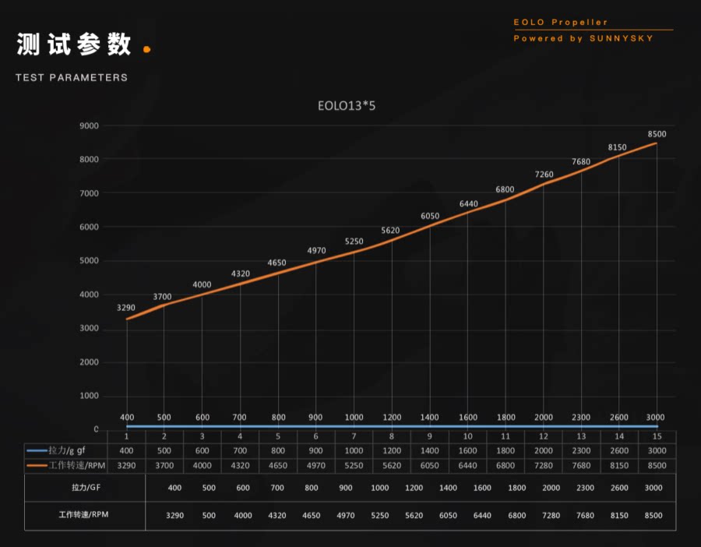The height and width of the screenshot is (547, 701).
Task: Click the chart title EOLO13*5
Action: (347, 105)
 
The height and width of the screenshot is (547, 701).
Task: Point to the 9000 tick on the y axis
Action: (89, 125)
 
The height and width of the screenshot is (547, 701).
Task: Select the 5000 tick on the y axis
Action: (89, 261)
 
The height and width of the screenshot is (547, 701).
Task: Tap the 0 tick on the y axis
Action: (96, 429)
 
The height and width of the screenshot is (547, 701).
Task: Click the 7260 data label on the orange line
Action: (544, 175)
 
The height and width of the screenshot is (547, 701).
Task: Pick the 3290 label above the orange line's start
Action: (126, 309)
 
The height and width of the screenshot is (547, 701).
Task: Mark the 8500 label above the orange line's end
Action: (657, 134)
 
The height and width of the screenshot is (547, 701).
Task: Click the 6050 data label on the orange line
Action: (430, 216)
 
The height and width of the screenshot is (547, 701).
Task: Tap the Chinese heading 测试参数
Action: (74, 45)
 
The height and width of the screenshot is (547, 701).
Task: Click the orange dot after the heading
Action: (147, 49)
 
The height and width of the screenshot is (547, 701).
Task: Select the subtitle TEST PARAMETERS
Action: (72, 78)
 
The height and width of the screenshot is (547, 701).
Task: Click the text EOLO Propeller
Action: (561, 23)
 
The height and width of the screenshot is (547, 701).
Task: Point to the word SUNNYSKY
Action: (624, 38)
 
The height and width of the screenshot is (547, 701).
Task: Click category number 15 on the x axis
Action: (657, 436)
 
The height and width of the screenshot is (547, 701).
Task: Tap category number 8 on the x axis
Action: (392, 436)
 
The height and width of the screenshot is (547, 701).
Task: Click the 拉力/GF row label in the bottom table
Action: (80, 487)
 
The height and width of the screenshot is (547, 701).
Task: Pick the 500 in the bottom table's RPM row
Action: (210, 516)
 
